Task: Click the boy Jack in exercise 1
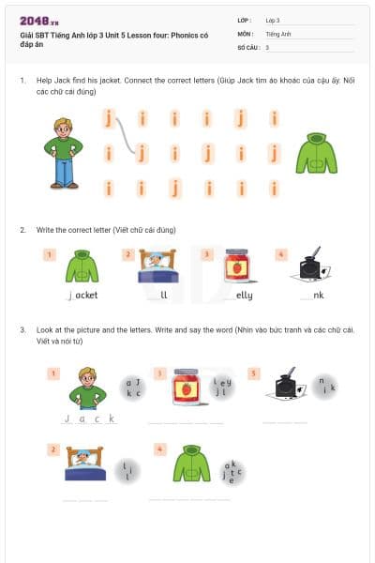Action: tap(64, 152)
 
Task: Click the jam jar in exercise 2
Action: tap(237, 266)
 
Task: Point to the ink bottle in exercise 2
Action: tap(312, 266)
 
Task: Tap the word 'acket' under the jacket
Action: tap(84, 295)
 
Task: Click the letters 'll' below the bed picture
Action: tap(163, 295)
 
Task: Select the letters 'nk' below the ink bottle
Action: tap(318, 295)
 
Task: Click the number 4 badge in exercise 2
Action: tap(281, 254)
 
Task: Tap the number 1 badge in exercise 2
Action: tap(50, 254)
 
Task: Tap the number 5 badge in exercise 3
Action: tap(254, 373)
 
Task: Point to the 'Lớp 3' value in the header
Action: tap(273, 20)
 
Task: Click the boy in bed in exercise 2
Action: tap(157, 266)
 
